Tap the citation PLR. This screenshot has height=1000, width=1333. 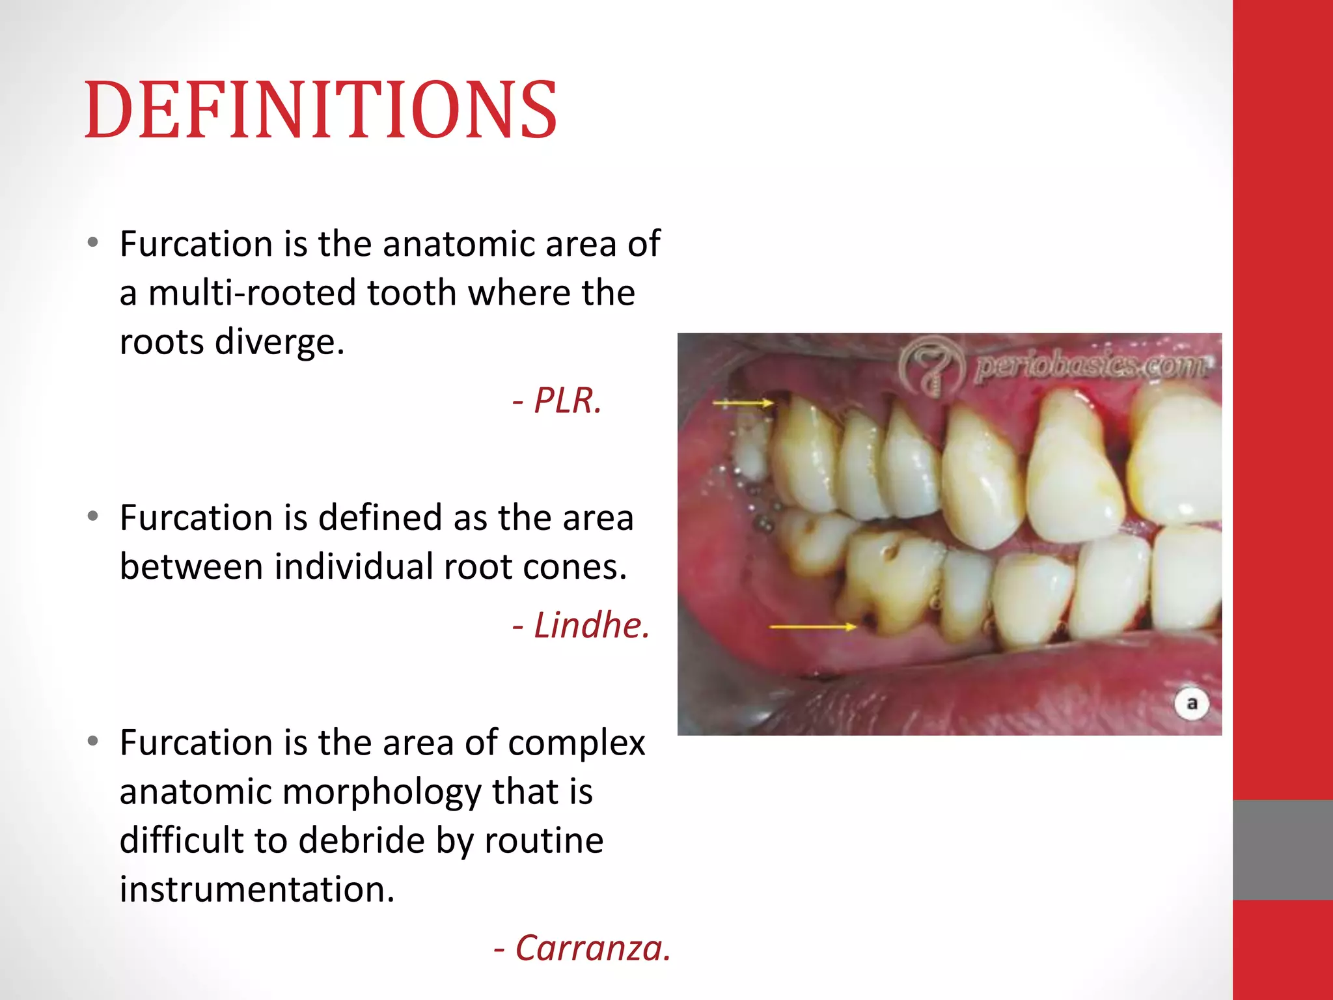tap(558, 400)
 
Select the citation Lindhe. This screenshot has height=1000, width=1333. tap(581, 626)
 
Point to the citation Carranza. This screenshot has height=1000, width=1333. tap(583, 948)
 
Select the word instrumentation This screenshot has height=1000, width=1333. tap(257, 889)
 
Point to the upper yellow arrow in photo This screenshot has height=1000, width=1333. tap(743, 404)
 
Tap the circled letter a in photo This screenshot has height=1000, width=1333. tap(1192, 704)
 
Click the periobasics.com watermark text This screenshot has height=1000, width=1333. tap(1092, 366)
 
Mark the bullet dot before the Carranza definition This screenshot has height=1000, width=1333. tap(93, 742)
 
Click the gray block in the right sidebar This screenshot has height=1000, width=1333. tap(1282, 850)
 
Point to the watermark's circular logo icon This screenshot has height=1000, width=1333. tap(931, 368)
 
